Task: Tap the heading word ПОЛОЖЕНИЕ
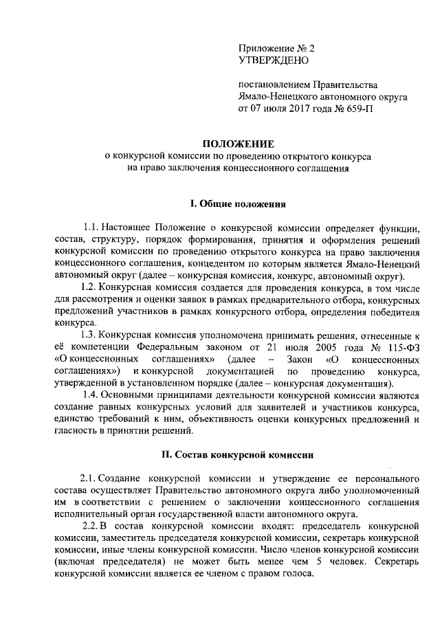pos(237,144)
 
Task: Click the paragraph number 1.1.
pos(91,227)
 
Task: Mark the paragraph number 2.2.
pos(89,526)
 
